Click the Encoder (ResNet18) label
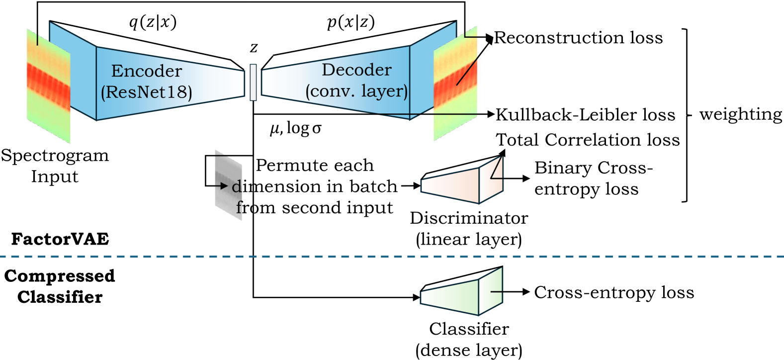pyautogui.click(x=147, y=82)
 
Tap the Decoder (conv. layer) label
pyautogui.click(x=356, y=81)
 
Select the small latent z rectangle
pyautogui.click(x=253, y=82)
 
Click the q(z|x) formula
pyautogui.click(x=153, y=22)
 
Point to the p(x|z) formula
pyautogui.click(x=351, y=22)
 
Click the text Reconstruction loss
pyautogui.click(x=578, y=38)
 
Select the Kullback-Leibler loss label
pyautogui.click(x=586, y=115)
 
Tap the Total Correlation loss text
pyautogui.click(x=588, y=140)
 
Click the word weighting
pyautogui.click(x=741, y=114)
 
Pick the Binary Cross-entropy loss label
pyautogui.click(x=593, y=179)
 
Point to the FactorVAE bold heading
pyautogui.click(x=60, y=239)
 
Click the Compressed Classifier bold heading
pyautogui.click(x=60, y=286)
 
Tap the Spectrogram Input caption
pyautogui.click(x=55, y=166)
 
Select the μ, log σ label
pyautogui.click(x=295, y=129)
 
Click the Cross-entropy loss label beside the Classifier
pyautogui.click(x=614, y=292)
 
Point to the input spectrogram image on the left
pyautogui.click(x=48, y=86)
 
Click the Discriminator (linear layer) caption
pyautogui.click(x=469, y=229)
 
